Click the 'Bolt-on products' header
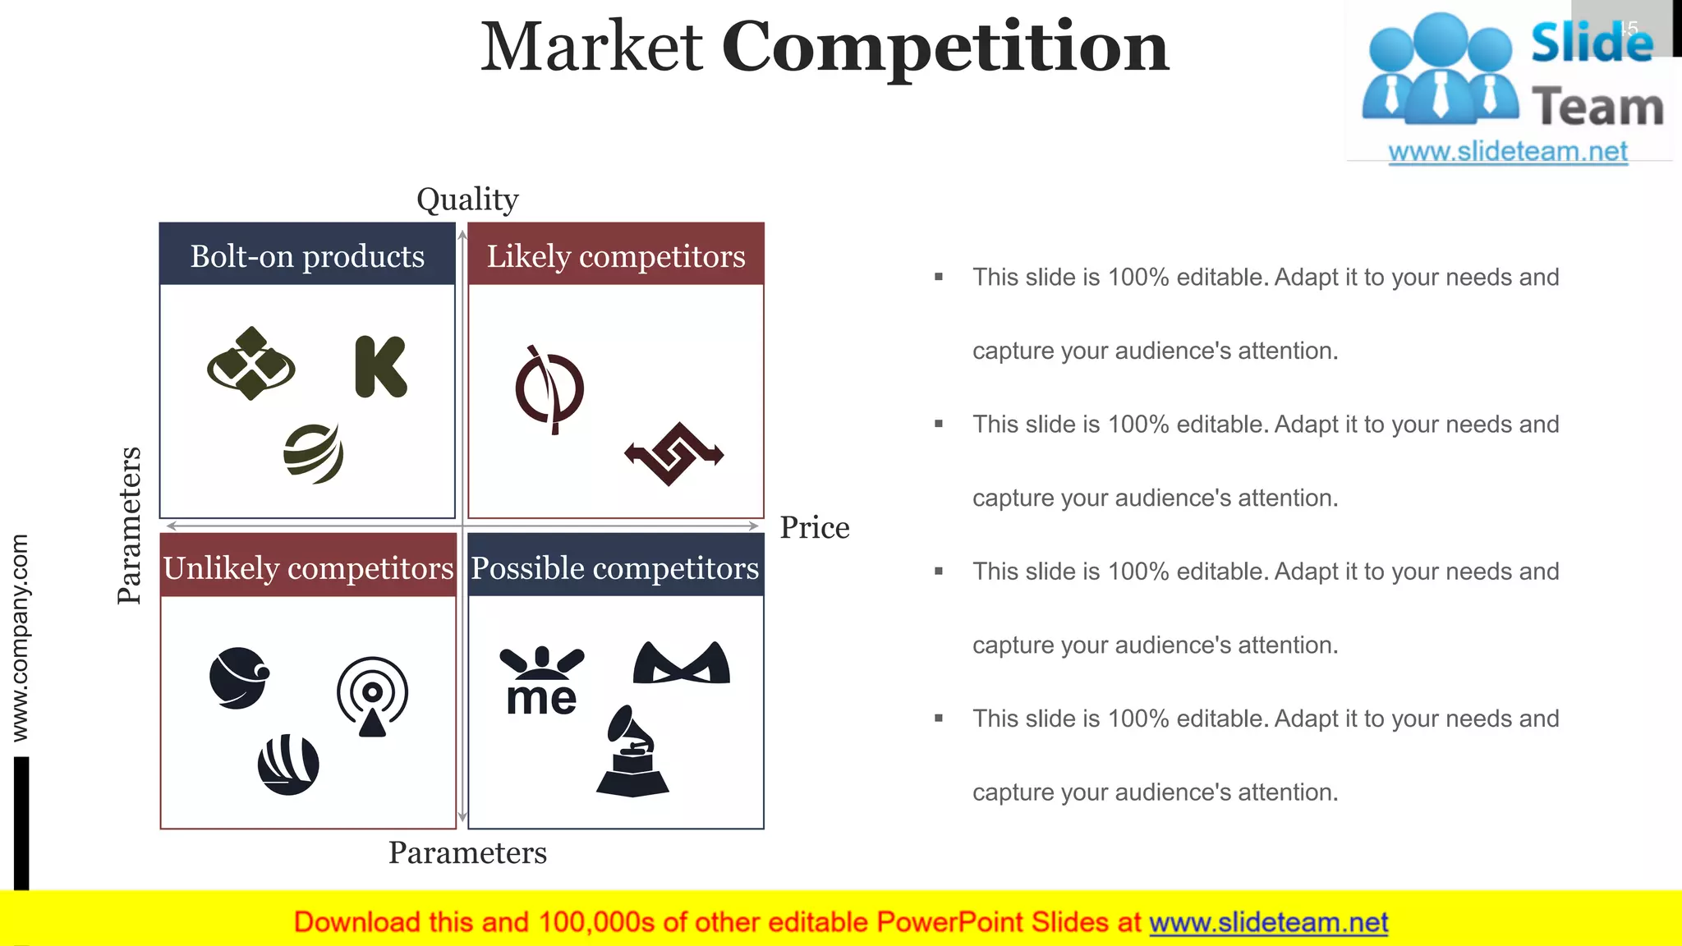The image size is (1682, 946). point(307,255)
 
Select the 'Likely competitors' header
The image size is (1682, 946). point(615,255)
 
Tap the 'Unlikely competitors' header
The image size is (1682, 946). point(308,567)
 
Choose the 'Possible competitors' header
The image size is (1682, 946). point(615,567)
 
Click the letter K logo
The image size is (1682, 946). point(380,366)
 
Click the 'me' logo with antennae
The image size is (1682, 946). point(541,682)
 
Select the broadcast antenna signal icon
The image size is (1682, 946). point(372,696)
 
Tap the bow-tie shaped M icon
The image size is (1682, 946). point(681,663)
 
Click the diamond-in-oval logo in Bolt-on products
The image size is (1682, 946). point(251,364)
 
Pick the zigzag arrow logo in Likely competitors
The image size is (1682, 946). point(673,453)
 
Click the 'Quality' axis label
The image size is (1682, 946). point(467,199)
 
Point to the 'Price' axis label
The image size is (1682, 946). point(814,527)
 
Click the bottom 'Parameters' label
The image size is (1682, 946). point(467,852)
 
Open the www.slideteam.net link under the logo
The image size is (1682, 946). point(1507,151)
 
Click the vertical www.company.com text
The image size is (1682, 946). point(20,637)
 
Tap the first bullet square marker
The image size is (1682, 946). point(939,277)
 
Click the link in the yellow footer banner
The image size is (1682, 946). point(1268,922)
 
